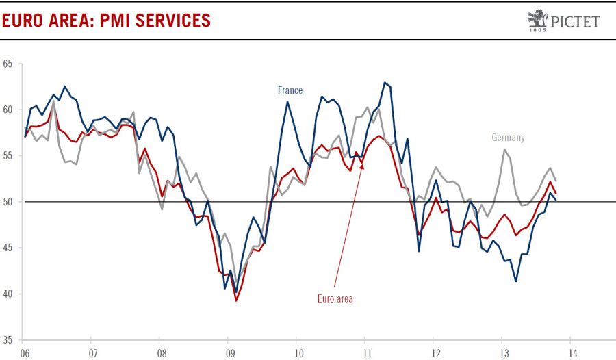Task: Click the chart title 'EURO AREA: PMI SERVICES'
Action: click(106, 20)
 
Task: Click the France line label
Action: click(290, 90)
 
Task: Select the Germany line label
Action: click(508, 138)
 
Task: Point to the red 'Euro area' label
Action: click(335, 298)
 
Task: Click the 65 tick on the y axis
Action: click(8, 64)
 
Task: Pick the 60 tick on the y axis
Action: click(8, 110)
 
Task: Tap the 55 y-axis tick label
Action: click(8, 156)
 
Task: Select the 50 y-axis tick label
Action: click(8, 202)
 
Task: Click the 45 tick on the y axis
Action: click(8, 248)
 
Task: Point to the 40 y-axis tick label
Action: click(8, 294)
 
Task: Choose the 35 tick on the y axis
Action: click(8, 340)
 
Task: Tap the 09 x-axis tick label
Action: click(229, 353)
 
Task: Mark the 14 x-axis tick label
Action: click(570, 353)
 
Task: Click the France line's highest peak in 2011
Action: click(385, 83)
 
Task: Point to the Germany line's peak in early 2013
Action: click(504, 149)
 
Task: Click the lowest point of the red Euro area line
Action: click(236, 300)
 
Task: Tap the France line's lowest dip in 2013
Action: click(515, 281)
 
